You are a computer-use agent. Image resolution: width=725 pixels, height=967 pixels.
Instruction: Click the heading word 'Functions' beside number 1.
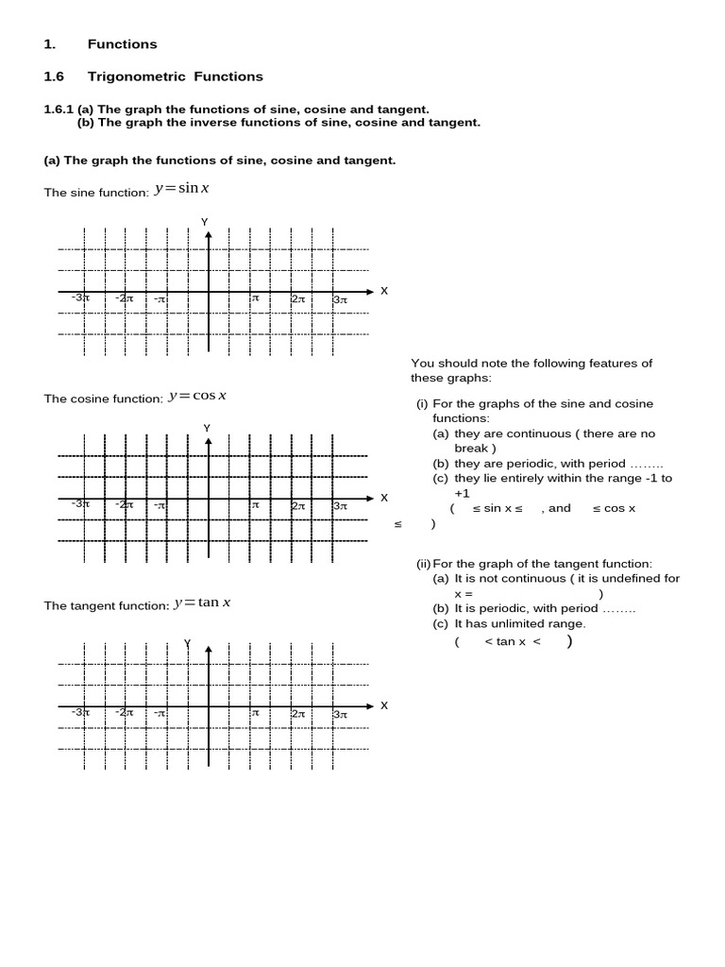pyautogui.click(x=122, y=44)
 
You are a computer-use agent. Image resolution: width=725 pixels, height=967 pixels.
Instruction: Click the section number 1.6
pyautogui.click(x=54, y=76)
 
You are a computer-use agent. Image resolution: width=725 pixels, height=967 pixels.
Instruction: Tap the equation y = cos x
pyautogui.click(x=196, y=396)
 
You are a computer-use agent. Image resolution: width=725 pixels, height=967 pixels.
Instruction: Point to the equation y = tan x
pyautogui.click(x=202, y=602)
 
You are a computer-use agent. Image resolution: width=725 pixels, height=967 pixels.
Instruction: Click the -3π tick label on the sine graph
pyautogui.click(x=80, y=298)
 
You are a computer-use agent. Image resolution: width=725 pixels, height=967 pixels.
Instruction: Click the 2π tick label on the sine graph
pyautogui.click(x=298, y=298)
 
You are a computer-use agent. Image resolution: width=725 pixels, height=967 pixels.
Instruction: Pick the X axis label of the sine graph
pyautogui.click(x=383, y=291)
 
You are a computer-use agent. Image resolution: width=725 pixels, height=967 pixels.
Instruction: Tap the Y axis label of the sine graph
pyautogui.click(x=204, y=222)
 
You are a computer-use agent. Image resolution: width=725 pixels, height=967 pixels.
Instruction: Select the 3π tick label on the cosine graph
pyautogui.click(x=341, y=506)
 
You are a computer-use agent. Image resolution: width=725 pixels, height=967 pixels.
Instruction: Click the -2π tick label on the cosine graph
pyautogui.click(x=124, y=505)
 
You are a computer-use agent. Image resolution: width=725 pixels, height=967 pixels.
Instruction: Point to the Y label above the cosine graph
pyautogui.click(x=207, y=429)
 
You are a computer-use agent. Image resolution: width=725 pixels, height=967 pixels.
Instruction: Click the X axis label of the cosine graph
pyautogui.click(x=383, y=498)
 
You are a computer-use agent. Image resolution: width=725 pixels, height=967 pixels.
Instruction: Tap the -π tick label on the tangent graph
pyautogui.click(x=160, y=714)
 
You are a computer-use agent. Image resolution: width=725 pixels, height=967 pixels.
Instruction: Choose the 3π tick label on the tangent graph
pyautogui.click(x=341, y=714)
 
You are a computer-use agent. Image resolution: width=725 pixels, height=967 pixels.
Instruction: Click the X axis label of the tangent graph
pyautogui.click(x=383, y=705)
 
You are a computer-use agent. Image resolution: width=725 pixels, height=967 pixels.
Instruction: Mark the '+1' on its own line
pyautogui.click(x=462, y=493)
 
